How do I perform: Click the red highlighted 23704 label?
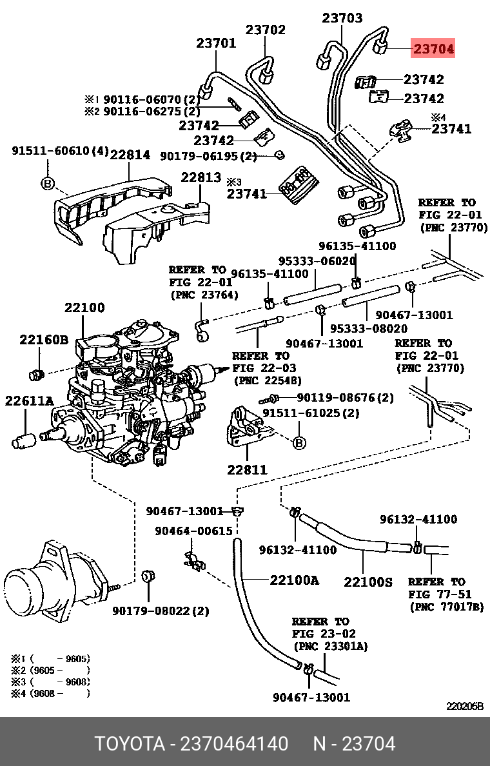[x=433, y=48]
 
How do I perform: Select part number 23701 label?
[x=216, y=44]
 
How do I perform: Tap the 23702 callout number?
[x=265, y=30]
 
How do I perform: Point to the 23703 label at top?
[x=342, y=18]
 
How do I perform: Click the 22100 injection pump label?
[x=84, y=308]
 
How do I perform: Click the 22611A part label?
[x=29, y=401]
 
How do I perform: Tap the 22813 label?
[x=201, y=177]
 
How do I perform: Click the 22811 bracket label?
[x=246, y=470]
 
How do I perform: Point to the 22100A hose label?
[x=294, y=580]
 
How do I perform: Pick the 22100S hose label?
[x=367, y=582]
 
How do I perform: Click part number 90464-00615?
[x=193, y=531]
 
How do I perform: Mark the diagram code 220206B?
[x=465, y=706]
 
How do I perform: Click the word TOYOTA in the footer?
[x=130, y=744]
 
